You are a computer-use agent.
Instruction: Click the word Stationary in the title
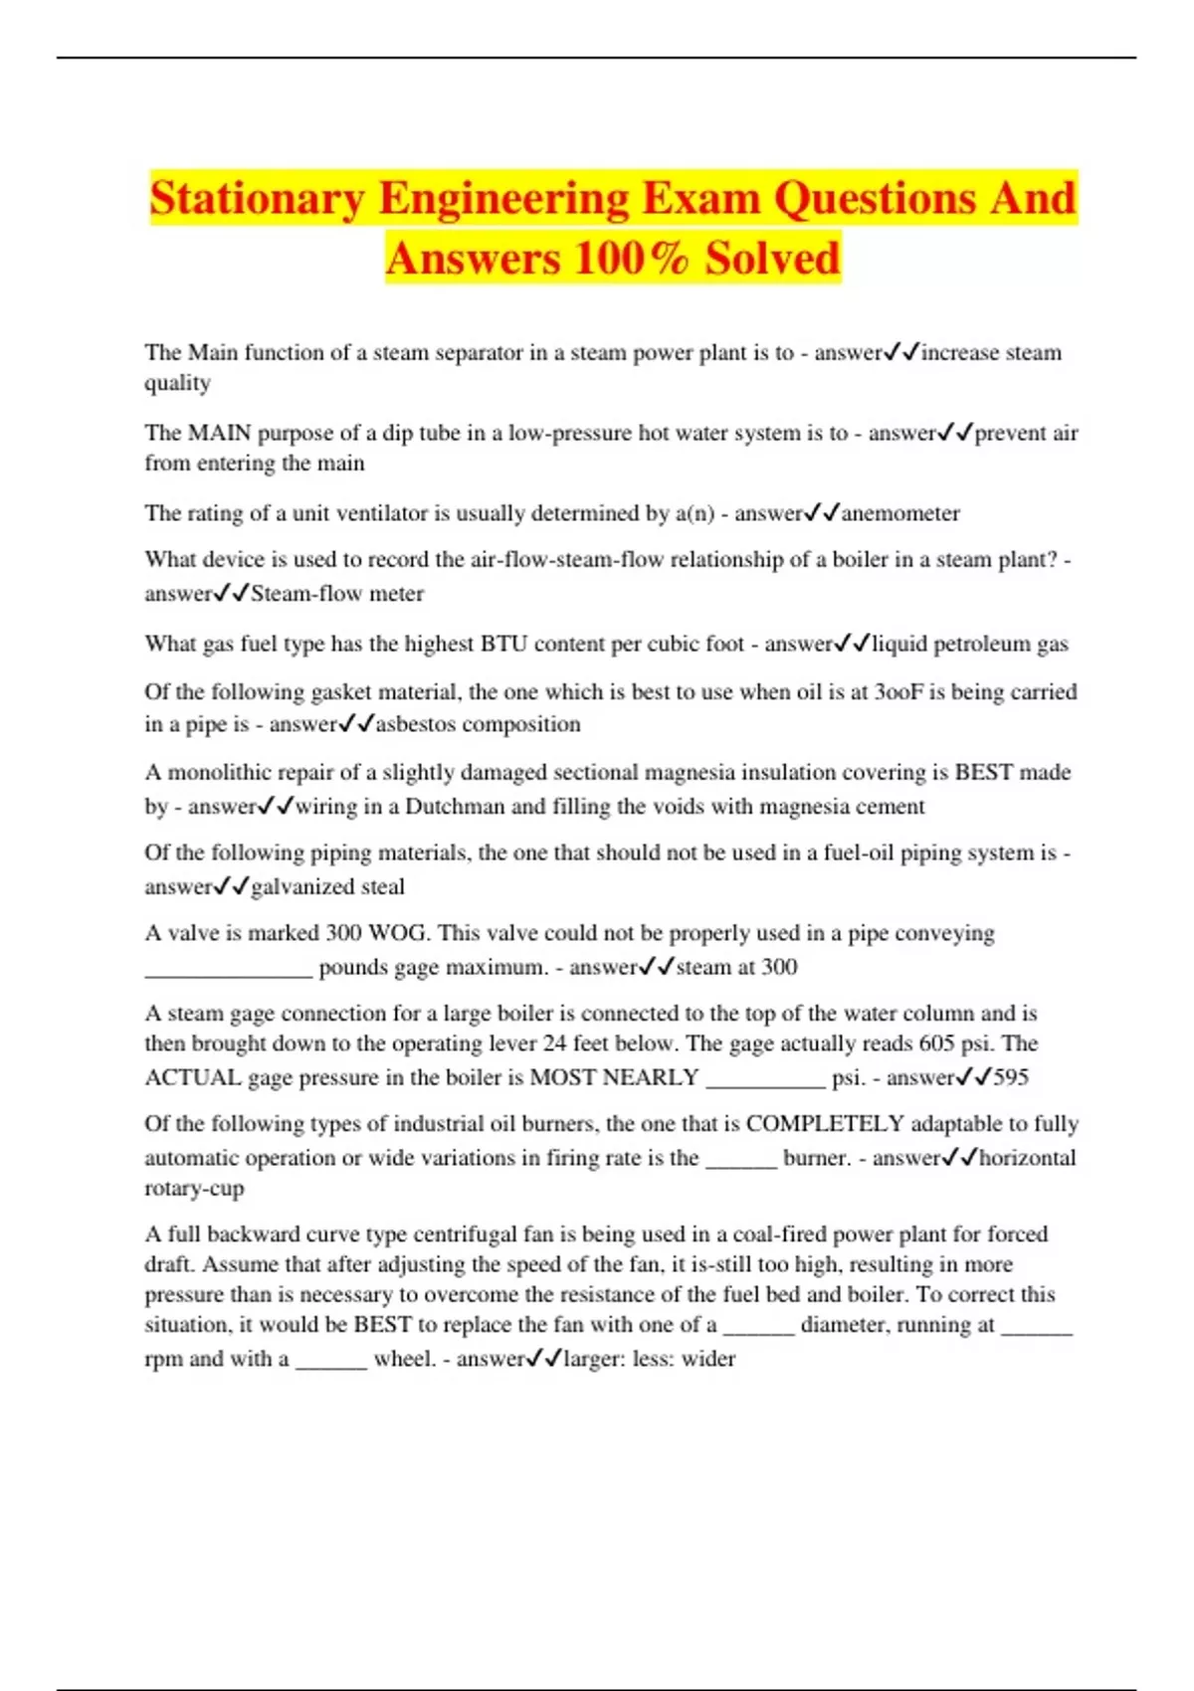(x=258, y=198)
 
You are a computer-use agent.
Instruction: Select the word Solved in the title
(x=772, y=259)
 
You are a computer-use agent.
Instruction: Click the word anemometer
(x=900, y=513)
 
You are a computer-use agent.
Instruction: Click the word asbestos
(x=415, y=724)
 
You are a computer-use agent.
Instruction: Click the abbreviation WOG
(x=398, y=933)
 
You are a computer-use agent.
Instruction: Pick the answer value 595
(x=1010, y=1077)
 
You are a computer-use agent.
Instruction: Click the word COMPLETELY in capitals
(x=825, y=1124)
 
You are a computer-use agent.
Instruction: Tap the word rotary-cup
(x=194, y=1189)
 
